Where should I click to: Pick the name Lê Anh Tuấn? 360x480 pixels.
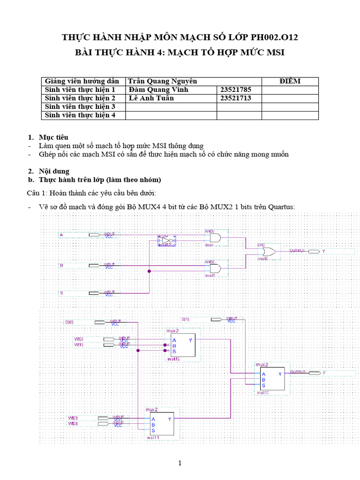[x=151, y=98]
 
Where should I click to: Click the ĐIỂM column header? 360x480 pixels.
[x=290, y=81]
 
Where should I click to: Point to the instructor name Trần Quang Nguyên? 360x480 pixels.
[x=163, y=81]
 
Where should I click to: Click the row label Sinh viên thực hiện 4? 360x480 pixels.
[x=80, y=115]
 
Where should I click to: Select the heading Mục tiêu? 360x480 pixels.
[x=53, y=137]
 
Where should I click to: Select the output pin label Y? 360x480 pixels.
[x=323, y=252]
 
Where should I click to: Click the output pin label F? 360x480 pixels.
[x=324, y=373]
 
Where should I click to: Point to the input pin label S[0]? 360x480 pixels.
[x=69, y=322]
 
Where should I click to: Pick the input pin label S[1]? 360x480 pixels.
[x=186, y=319]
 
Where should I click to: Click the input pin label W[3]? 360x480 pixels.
[x=73, y=424]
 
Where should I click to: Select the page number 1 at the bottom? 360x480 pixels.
[x=180, y=464]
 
